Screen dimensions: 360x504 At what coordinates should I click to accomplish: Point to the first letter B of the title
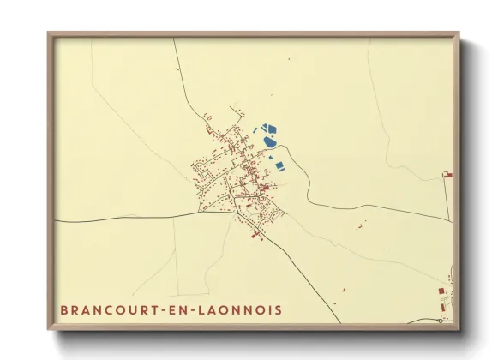[x=64, y=309]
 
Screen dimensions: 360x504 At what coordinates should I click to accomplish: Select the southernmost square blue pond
[x=278, y=165]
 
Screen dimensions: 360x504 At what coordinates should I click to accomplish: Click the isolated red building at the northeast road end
[x=446, y=174]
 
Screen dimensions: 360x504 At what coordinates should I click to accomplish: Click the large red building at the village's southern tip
[x=255, y=233]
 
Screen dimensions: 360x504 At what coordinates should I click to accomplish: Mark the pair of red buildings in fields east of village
[x=362, y=225]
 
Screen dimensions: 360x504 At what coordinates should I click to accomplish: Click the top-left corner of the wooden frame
[x=48, y=33]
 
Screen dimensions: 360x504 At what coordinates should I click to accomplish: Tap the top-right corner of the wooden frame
[x=459, y=33]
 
